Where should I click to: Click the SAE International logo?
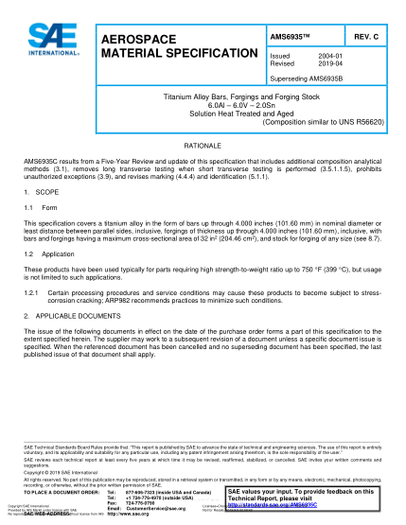(x=44, y=44)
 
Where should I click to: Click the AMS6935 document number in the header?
(x=292, y=37)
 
